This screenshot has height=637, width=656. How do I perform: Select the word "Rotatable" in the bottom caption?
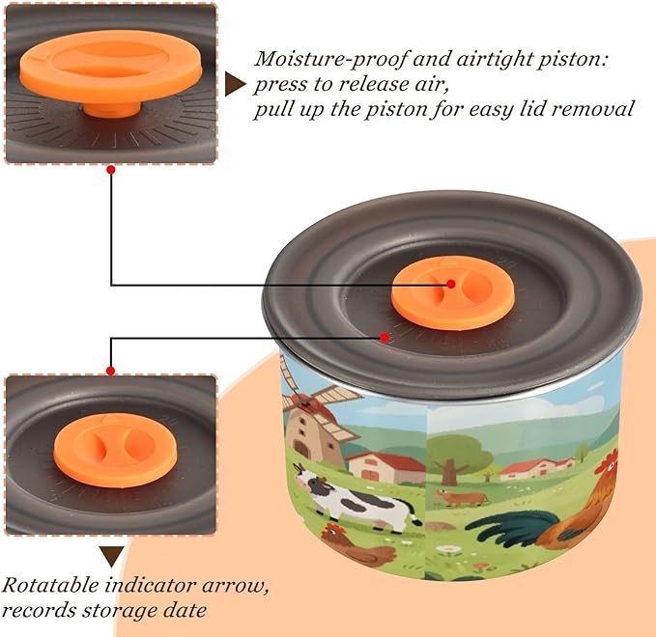tap(50, 585)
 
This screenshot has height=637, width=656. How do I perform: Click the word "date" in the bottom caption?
tap(185, 610)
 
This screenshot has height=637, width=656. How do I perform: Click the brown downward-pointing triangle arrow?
tap(111, 556)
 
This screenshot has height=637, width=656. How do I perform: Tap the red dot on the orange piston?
tap(451, 284)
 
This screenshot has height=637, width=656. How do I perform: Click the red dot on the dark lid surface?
tap(385, 337)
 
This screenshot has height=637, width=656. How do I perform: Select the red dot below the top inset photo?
tap(111, 170)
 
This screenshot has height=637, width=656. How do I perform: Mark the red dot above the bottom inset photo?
tap(110, 371)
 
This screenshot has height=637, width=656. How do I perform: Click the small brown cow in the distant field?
tap(461, 498)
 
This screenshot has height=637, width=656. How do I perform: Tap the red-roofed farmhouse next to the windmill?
tap(385, 467)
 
